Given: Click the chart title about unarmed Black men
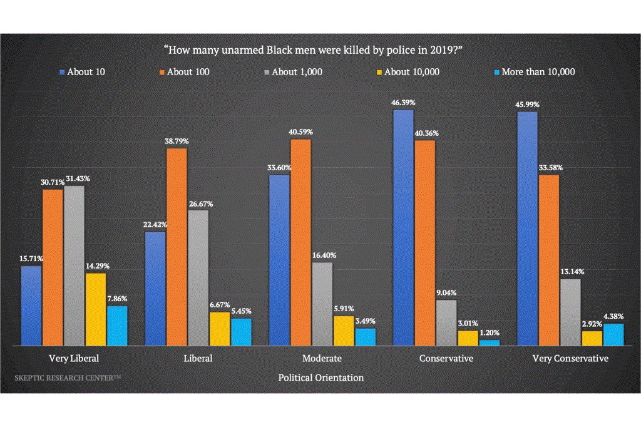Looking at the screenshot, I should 320,49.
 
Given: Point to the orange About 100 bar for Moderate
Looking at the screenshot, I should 301,242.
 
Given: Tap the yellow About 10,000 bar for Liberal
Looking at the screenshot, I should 220,328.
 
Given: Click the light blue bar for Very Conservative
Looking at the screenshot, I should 614,334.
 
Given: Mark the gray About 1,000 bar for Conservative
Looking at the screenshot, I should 446,322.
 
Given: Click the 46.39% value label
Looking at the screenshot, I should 403,102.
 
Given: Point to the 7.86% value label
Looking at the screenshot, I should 117,299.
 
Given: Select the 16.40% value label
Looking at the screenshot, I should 322,255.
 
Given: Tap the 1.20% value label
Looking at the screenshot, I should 489,333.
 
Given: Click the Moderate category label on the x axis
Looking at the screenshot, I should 322,359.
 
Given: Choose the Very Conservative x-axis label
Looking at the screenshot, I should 570,359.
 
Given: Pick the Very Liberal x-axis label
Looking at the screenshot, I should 74,359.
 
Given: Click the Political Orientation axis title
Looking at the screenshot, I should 320,378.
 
